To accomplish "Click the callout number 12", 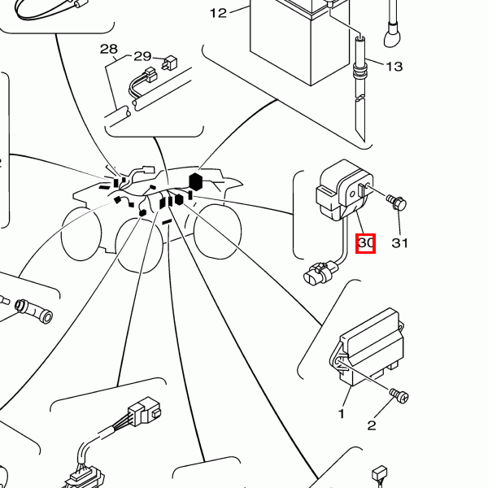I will pos(218,12).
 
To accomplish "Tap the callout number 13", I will pos(394,67).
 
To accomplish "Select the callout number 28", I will pos(109,50).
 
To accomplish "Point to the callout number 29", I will pos(142,56).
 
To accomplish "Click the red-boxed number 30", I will pos(366,242).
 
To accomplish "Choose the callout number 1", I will pos(342,413).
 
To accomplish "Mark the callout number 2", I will pos(372,425).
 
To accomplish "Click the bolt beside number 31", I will pos(398,201).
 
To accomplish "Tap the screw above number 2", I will pos(399,396).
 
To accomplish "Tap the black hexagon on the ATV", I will pos(195,181).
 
